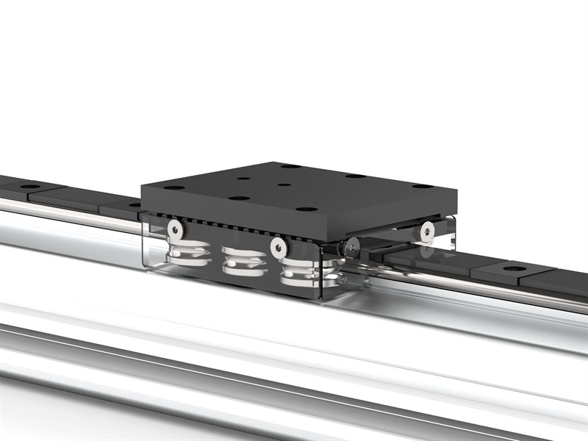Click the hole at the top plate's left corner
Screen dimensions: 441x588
174,187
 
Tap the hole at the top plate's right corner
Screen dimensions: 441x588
421,186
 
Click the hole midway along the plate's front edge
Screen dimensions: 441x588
237,198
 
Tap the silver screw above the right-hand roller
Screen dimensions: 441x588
278,247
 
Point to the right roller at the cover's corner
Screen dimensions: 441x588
301,272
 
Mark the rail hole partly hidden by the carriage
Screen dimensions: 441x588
134,204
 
